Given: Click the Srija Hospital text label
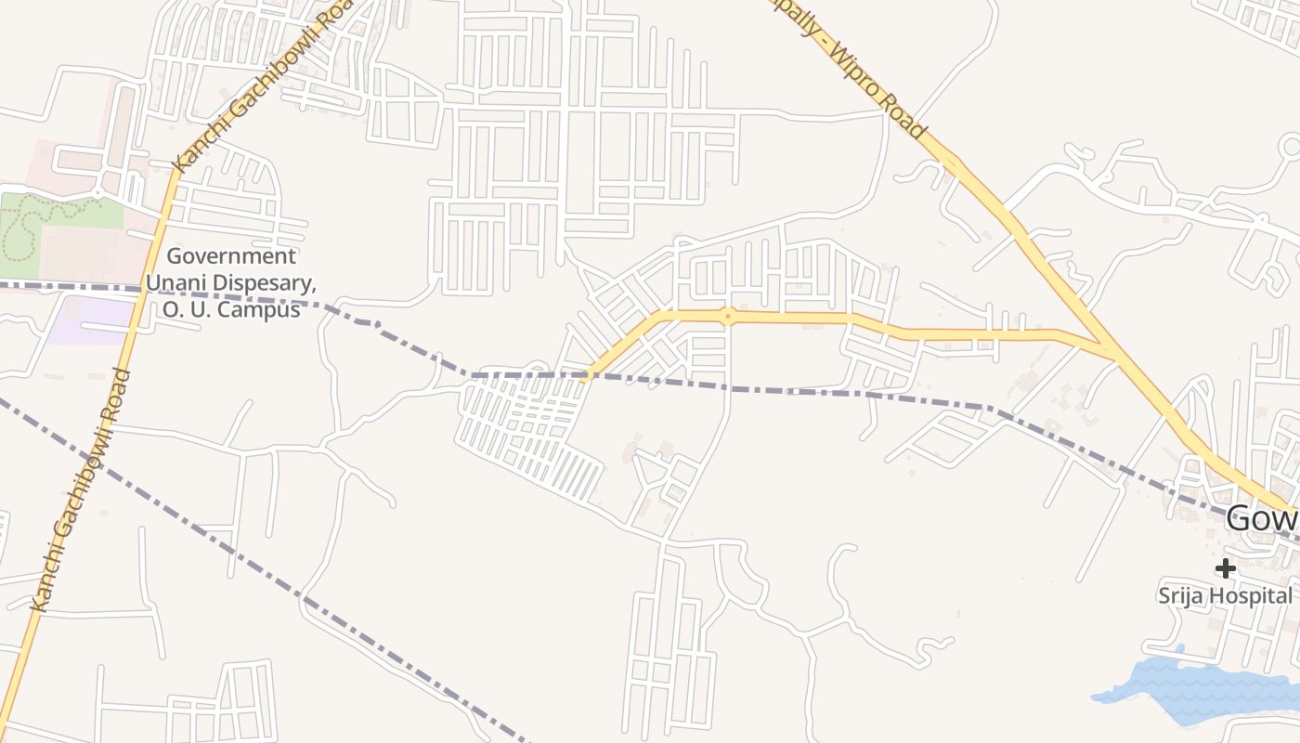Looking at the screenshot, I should coord(1225,595).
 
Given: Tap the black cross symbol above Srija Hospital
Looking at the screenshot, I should coord(1226,567).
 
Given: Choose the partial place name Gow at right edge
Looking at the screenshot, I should coord(1261,518).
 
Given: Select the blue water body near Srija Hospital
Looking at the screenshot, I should coord(1198,692).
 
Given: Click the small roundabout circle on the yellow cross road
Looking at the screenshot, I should coord(729,317).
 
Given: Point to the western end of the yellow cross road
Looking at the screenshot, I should coord(585,379).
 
